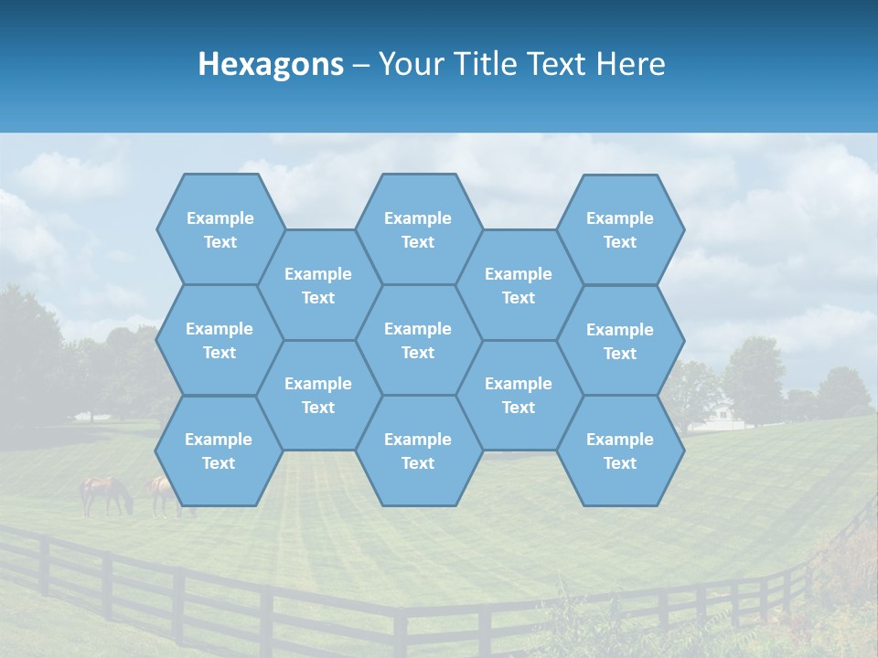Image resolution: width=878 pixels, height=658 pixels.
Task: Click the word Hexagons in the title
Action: tap(271, 64)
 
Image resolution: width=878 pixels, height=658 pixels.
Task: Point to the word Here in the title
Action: tap(631, 64)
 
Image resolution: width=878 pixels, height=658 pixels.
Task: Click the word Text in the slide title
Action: tap(555, 64)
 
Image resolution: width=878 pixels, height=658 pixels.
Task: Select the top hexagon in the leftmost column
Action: tap(219, 229)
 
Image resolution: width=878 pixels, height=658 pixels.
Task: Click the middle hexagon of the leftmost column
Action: tap(219, 340)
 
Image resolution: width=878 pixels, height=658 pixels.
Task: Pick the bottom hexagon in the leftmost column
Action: tap(219, 451)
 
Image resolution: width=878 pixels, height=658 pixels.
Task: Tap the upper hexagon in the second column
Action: tap(318, 285)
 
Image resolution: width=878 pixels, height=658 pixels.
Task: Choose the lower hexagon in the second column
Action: tap(318, 395)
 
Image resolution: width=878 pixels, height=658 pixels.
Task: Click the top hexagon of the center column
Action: tap(418, 229)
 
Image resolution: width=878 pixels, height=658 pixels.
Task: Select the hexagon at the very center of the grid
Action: tap(418, 340)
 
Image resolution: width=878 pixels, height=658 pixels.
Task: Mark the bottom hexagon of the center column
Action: tap(418, 451)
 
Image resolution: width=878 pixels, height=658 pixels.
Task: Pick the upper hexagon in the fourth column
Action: tap(519, 285)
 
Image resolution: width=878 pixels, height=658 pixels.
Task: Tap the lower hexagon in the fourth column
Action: tap(519, 395)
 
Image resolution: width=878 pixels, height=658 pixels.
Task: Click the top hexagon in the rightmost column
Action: tap(620, 229)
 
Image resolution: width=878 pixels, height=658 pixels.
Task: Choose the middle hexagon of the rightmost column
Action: tap(620, 341)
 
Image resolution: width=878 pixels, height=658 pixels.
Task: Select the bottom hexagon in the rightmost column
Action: tap(620, 451)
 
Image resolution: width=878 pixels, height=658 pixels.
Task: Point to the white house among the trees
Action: tap(722, 417)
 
